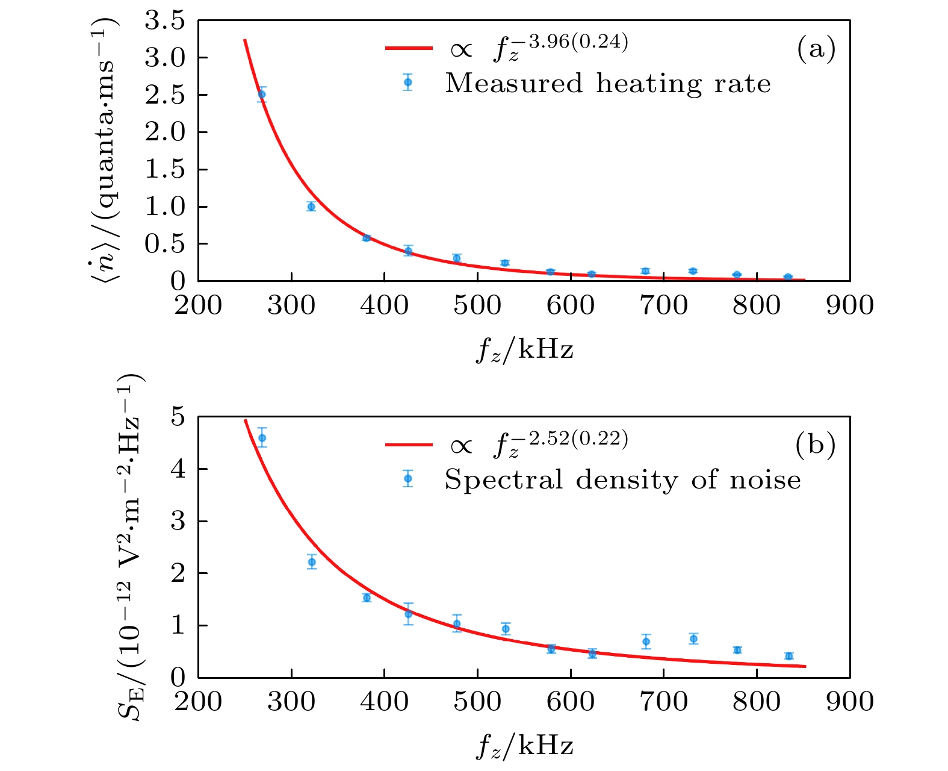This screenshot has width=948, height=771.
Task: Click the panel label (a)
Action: [x=816, y=49]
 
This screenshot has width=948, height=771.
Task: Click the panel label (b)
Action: [x=815, y=445]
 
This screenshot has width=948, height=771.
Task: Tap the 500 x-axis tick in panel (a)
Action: [x=477, y=305]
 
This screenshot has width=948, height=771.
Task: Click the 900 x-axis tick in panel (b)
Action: [x=849, y=701]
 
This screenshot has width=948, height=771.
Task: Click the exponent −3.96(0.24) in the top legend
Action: [x=578, y=42]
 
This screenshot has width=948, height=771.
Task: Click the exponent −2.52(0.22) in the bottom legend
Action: [x=578, y=439]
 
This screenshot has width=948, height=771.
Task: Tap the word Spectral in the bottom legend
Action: [x=504, y=480]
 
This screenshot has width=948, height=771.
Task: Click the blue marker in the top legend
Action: [x=408, y=82]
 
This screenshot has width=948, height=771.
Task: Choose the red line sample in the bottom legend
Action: [x=409, y=445]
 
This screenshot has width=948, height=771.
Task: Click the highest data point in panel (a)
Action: [x=262, y=94]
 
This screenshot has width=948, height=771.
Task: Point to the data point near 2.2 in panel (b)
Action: [x=312, y=562]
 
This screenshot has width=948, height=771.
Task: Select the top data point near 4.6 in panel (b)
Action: [x=262, y=438]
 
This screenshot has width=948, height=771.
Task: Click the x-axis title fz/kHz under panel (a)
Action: [x=524, y=349]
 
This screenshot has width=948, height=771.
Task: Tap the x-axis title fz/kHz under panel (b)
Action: [x=524, y=745]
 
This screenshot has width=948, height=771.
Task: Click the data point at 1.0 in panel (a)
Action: [x=311, y=207]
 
